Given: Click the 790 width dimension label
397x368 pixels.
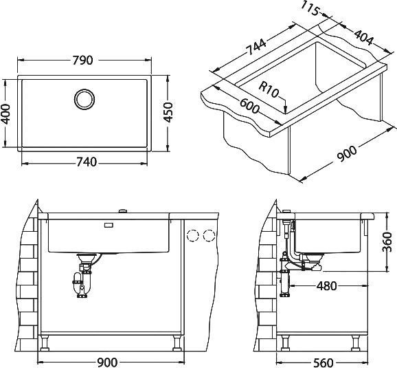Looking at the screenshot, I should pyautogui.click(x=82, y=61).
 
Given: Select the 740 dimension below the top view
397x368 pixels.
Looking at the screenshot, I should pyautogui.click(x=85, y=162).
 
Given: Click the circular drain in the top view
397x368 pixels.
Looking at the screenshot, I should pyautogui.click(x=85, y=98).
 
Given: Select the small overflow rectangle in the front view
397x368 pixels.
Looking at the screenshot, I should pyautogui.click(x=109, y=224).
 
